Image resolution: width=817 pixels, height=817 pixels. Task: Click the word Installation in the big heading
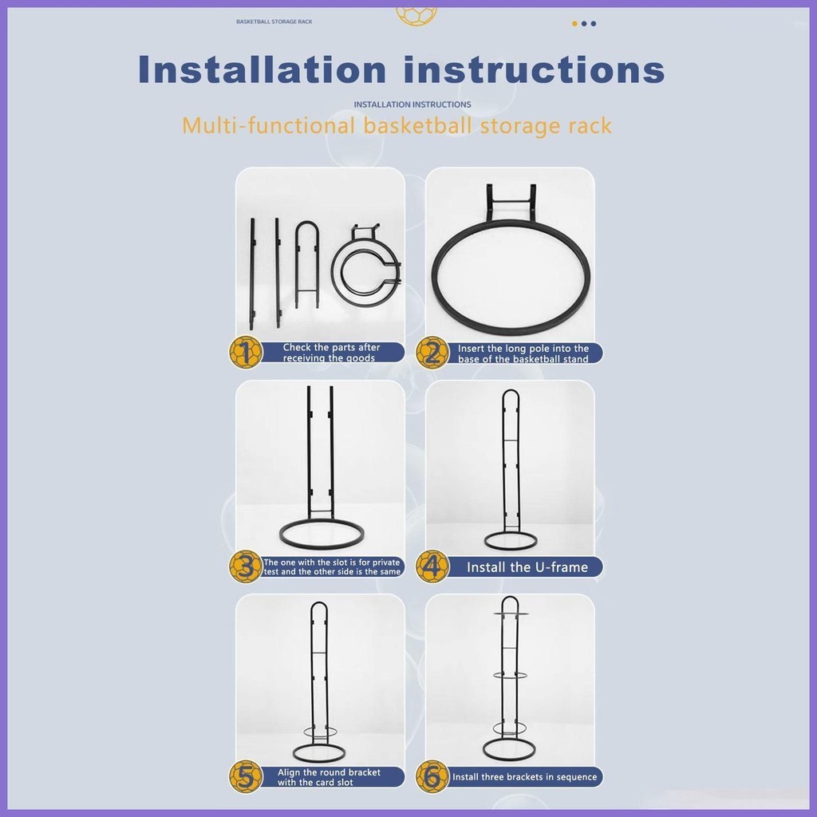point(262,69)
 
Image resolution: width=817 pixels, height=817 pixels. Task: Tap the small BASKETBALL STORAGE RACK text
point(274,22)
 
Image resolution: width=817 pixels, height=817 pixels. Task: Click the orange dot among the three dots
point(574,23)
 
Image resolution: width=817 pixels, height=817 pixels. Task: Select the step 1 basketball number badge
point(246,352)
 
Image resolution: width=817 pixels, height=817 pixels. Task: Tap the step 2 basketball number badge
point(432,353)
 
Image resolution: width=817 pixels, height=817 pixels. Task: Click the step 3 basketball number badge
point(246,566)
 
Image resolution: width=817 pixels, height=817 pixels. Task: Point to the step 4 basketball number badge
point(432,566)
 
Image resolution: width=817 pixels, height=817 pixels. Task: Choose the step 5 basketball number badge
point(246,777)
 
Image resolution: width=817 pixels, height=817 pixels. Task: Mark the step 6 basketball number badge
point(432,777)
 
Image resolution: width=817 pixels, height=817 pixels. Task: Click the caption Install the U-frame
point(527,567)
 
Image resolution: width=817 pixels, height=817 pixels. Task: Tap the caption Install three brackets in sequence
point(525,777)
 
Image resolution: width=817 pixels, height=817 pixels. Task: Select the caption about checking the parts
point(331,353)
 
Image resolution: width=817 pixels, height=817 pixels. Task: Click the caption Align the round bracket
point(329,777)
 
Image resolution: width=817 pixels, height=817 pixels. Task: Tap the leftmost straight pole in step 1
point(252,274)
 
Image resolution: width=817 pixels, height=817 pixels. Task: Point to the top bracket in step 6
point(511,614)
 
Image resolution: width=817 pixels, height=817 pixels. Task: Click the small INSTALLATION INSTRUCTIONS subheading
point(412,105)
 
